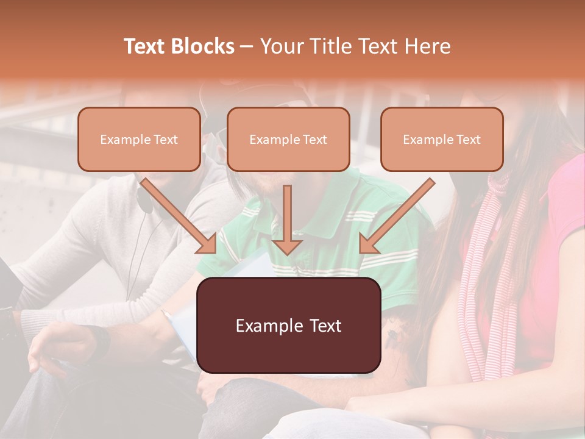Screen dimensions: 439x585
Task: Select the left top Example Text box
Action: [x=139, y=139]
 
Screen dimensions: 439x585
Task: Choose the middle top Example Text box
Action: [x=288, y=139]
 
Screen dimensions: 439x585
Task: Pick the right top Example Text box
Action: [x=442, y=139]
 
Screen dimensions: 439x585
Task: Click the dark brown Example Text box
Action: [x=288, y=325]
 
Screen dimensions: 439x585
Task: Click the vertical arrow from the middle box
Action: [x=287, y=220]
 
